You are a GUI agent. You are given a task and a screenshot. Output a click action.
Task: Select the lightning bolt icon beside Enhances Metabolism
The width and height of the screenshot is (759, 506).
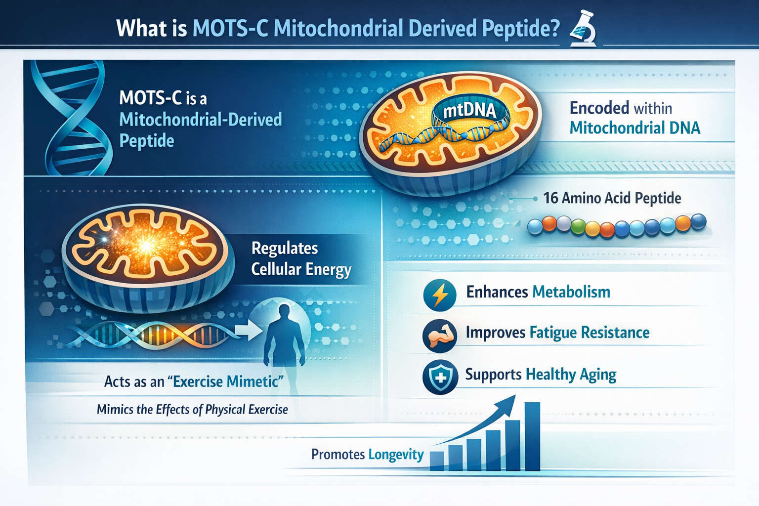440,295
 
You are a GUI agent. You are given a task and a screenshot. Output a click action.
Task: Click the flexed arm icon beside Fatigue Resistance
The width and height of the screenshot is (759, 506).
439,336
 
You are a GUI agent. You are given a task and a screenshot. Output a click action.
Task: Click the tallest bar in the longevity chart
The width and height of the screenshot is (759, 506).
532,436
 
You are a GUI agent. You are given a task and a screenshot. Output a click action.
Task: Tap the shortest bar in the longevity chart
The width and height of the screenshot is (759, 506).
437,461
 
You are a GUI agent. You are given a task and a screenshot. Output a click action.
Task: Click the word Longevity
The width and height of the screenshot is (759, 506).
396,455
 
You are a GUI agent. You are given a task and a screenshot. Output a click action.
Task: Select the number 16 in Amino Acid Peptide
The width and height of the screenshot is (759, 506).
550,198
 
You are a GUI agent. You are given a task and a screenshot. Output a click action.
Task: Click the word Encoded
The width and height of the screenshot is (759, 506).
599,108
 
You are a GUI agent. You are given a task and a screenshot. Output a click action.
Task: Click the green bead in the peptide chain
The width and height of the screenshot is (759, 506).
578,227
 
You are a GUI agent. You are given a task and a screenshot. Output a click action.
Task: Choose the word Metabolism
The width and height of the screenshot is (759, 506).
571,292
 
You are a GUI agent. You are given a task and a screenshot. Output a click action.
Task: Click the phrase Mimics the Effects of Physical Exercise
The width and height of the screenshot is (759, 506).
192,410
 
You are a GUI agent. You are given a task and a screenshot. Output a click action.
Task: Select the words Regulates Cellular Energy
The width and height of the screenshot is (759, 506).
301,259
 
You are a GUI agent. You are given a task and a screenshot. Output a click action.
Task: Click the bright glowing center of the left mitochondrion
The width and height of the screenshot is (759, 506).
146,246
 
